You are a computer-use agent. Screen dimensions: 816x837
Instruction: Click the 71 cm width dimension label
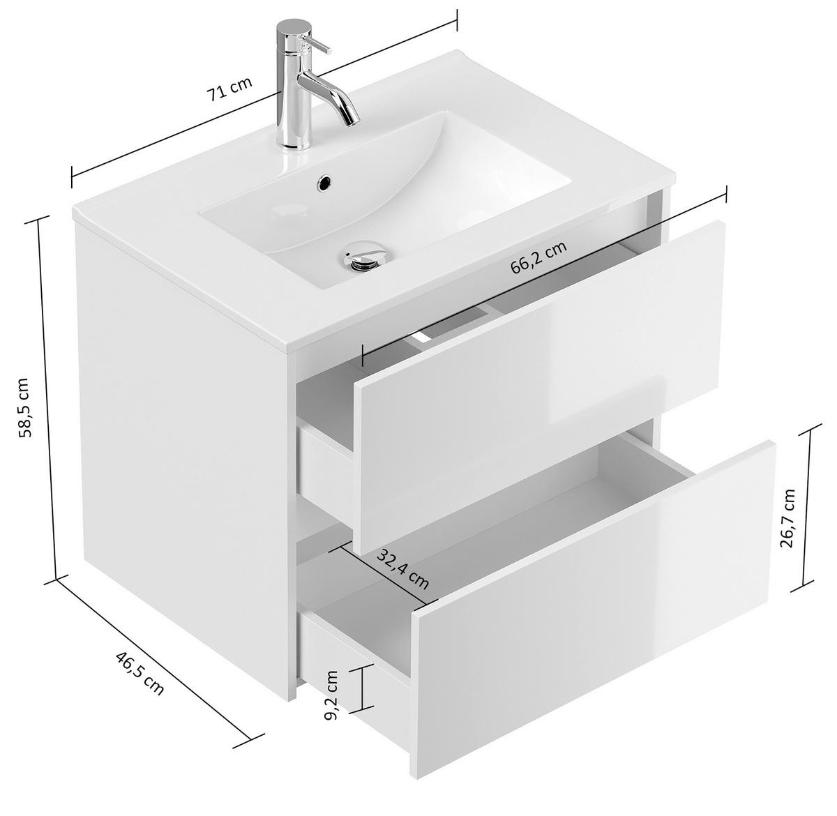229,90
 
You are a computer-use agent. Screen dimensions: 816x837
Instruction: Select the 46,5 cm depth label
139,672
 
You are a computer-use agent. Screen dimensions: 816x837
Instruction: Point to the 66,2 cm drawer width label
538,257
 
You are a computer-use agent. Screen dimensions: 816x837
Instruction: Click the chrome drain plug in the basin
361,256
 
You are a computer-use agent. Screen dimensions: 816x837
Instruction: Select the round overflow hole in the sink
324,183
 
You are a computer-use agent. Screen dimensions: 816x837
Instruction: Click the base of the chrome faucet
294,143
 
